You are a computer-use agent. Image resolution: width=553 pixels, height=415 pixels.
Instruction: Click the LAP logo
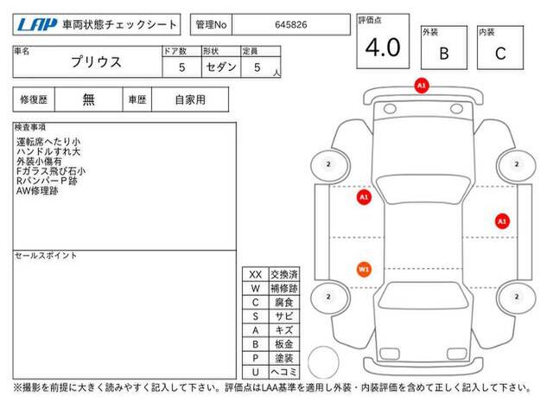(36, 24)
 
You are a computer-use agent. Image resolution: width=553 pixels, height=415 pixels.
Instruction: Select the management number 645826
(291, 25)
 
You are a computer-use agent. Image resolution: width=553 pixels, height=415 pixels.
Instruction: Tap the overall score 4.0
(383, 48)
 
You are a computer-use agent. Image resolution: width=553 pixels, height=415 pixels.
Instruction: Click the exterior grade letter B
(444, 54)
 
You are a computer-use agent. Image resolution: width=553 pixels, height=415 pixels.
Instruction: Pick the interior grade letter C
(500, 54)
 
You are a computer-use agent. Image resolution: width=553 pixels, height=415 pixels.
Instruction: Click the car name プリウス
(96, 62)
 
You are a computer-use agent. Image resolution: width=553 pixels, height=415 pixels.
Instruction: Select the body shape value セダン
(221, 67)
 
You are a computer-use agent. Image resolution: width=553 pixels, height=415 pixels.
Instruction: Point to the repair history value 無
(88, 99)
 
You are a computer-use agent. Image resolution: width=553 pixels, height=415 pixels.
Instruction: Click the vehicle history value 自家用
(190, 100)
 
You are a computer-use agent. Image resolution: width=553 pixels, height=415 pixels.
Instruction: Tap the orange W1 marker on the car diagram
(364, 270)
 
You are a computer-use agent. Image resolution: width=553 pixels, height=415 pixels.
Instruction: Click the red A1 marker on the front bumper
(422, 86)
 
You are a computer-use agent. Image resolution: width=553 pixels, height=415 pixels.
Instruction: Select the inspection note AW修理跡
(37, 191)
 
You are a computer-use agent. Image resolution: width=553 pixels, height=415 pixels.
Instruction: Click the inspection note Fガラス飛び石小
(51, 171)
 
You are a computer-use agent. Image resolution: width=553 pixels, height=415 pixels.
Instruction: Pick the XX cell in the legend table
(256, 275)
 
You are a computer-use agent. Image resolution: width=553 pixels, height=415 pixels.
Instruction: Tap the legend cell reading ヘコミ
(284, 373)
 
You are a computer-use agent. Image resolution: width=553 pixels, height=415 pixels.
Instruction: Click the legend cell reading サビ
(284, 316)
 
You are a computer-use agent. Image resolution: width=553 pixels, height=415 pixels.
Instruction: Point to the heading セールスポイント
(46, 256)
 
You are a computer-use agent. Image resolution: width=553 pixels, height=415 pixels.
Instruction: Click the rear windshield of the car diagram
(423, 296)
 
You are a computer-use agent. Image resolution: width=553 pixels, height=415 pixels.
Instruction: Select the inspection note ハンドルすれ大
(48, 152)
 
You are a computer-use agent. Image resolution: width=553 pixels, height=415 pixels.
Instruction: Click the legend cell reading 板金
(284, 344)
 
